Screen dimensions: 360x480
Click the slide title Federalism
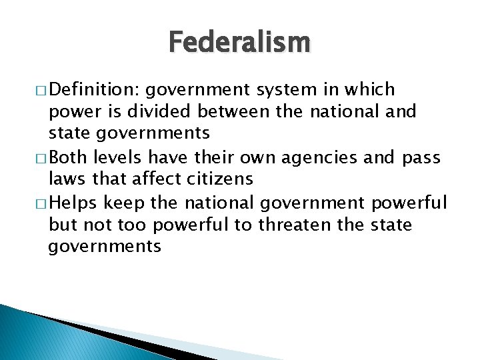coord(239,43)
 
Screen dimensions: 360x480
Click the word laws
coord(65,179)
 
